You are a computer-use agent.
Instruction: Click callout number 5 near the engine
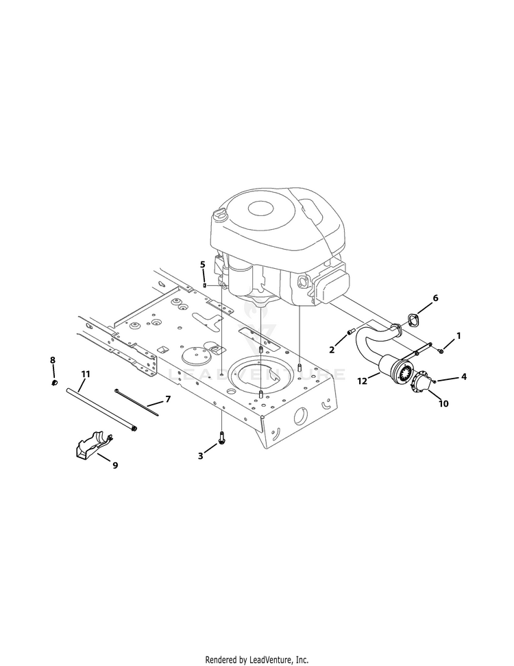pyautogui.click(x=202, y=265)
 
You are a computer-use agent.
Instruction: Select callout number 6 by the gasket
pyautogui.click(x=435, y=298)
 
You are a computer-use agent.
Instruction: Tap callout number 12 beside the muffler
pyautogui.click(x=362, y=381)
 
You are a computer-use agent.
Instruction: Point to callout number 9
pyautogui.click(x=115, y=465)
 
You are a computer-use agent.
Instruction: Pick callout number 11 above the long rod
pyautogui.click(x=86, y=374)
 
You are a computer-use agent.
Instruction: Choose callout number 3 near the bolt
pyautogui.click(x=200, y=456)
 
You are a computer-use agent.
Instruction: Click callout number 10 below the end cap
pyautogui.click(x=443, y=403)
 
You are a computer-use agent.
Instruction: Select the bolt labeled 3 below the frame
pyautogui.click(x=221, y=437)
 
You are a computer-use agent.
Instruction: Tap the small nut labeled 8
pyautogui.click(x=54, y=383)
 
